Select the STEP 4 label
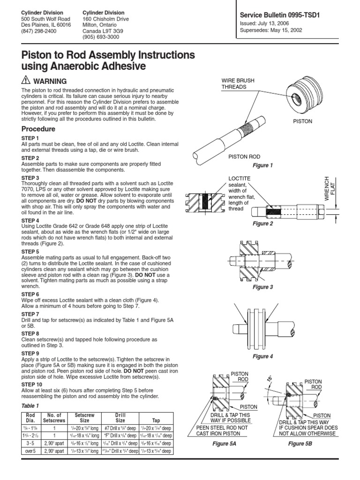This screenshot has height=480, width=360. (31, 220)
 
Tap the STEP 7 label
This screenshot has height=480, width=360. (31, 314)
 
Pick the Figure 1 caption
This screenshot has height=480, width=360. (262, 165)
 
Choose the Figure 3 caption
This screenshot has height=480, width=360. (262, 287)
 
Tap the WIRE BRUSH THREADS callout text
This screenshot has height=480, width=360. (238, 84)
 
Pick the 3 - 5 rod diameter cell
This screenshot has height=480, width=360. (30, 443)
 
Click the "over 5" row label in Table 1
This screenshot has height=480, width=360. (30, 451)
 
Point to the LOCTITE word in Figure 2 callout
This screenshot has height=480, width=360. (239, 179)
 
